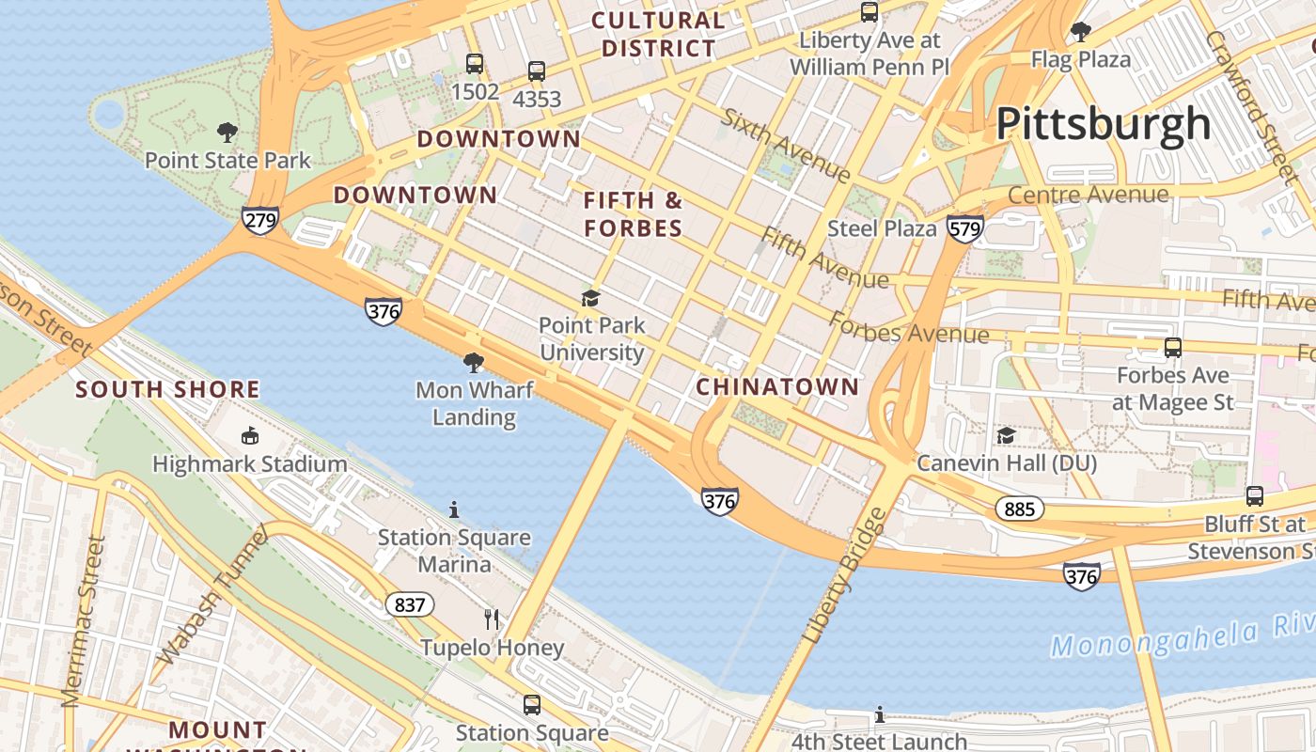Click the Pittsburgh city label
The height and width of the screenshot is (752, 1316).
coord(1103,124)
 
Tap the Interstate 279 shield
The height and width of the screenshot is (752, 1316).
coord(258,220)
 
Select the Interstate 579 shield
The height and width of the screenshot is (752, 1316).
coord(965,228)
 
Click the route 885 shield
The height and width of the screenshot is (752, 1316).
coord(1019,509)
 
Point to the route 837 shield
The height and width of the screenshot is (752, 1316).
coord(410,604)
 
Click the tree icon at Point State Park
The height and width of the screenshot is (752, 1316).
coord(227,133)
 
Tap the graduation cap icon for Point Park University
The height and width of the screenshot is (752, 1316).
coord(590,299)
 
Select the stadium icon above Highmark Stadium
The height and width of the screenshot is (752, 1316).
coord(250,435)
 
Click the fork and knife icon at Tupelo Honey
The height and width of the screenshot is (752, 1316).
coord(491,619)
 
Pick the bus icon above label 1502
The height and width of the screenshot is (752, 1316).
coord(475,64)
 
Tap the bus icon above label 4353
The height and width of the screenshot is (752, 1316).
coord(536,70)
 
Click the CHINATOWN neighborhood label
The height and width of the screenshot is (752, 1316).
coord(777,386)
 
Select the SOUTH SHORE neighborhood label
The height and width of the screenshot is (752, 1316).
coord(167,389)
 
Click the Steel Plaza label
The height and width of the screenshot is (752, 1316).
coord(882,228)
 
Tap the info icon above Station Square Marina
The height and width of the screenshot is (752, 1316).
coord(454,509)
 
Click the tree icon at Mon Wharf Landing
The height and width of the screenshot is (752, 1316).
coord(474,362)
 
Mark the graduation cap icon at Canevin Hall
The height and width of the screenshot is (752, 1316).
coord(1006,435)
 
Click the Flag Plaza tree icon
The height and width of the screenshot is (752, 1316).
coord(1081,32)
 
